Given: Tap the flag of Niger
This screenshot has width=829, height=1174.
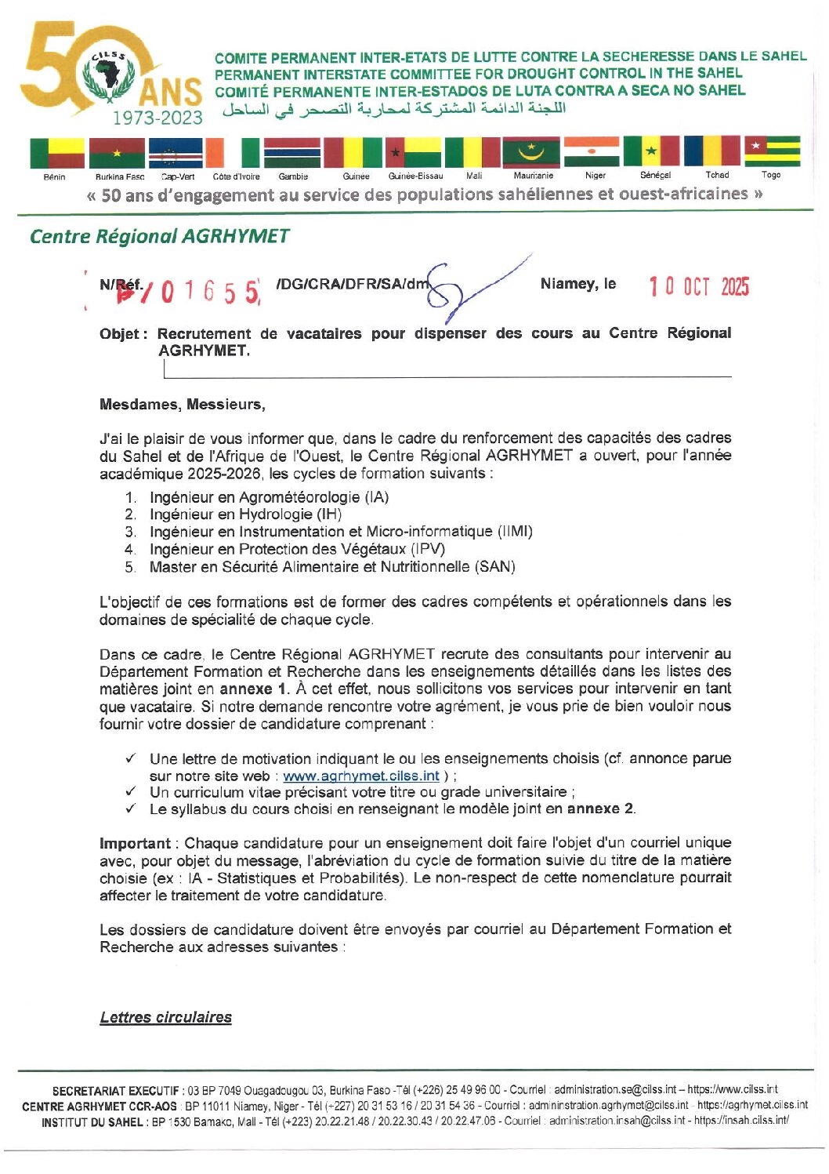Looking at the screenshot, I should click(591, 151).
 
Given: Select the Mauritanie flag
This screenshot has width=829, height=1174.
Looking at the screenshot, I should click(530, 151).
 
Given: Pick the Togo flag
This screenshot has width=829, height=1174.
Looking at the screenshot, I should click(772, 151).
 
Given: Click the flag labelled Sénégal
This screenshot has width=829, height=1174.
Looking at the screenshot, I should click(650, 151).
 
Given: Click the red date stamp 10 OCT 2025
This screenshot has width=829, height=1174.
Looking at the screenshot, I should click(698, 287).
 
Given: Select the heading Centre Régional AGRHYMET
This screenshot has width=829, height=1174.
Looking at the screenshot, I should click(159, 236).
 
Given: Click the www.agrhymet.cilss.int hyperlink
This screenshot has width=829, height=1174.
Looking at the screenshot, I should click(360, 776).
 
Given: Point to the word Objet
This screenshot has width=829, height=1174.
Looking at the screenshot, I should click(122, 334).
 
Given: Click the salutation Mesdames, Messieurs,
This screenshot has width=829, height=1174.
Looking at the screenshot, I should click(182, 405).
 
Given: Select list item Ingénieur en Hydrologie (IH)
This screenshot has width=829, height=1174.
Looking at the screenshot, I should click(245, 514).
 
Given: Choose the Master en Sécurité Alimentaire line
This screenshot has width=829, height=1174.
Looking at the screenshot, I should click(332, 566).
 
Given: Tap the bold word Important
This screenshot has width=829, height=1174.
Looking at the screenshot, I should click(135, 843).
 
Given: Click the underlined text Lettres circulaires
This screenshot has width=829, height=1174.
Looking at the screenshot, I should click(165, 1017).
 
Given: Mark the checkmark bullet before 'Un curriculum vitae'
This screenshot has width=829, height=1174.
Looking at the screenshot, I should click(131, 792).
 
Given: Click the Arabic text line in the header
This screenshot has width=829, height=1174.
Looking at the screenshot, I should click(393, 109).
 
